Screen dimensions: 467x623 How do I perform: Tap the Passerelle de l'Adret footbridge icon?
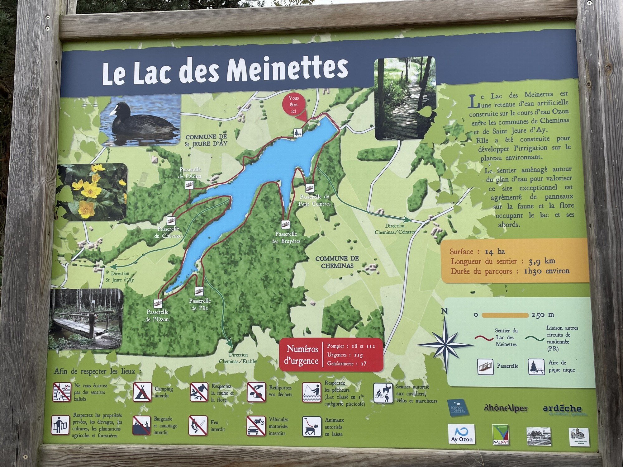189,185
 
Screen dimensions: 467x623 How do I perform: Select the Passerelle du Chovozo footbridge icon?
170,221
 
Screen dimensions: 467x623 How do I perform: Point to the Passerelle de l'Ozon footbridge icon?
158,303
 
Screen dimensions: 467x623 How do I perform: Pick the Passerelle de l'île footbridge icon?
199,291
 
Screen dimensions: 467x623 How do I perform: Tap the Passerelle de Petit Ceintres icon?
309,188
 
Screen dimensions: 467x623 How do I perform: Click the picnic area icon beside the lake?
298,132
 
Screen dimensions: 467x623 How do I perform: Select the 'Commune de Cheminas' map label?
337,262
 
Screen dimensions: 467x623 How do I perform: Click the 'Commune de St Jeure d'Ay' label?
206,140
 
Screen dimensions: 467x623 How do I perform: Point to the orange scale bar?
505,315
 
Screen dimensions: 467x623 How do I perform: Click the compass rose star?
445,346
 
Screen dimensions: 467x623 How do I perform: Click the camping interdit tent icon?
142,392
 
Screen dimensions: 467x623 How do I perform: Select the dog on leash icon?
311,426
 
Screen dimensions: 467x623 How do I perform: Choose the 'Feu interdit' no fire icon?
198,426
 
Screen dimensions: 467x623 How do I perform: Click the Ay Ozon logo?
461,434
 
